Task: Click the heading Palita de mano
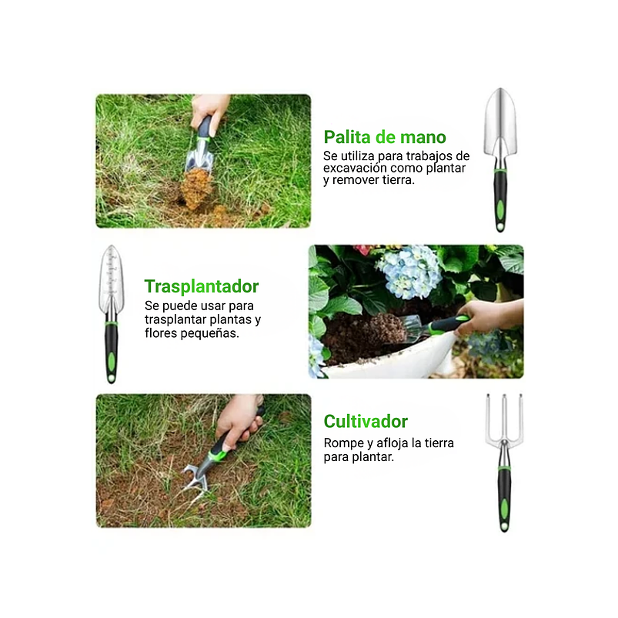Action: pos(384,138)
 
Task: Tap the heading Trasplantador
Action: pos(201,287)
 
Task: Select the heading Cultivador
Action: pos(365,422)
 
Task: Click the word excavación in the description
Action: pos(356,168)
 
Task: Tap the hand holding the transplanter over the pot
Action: pos(485,315)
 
